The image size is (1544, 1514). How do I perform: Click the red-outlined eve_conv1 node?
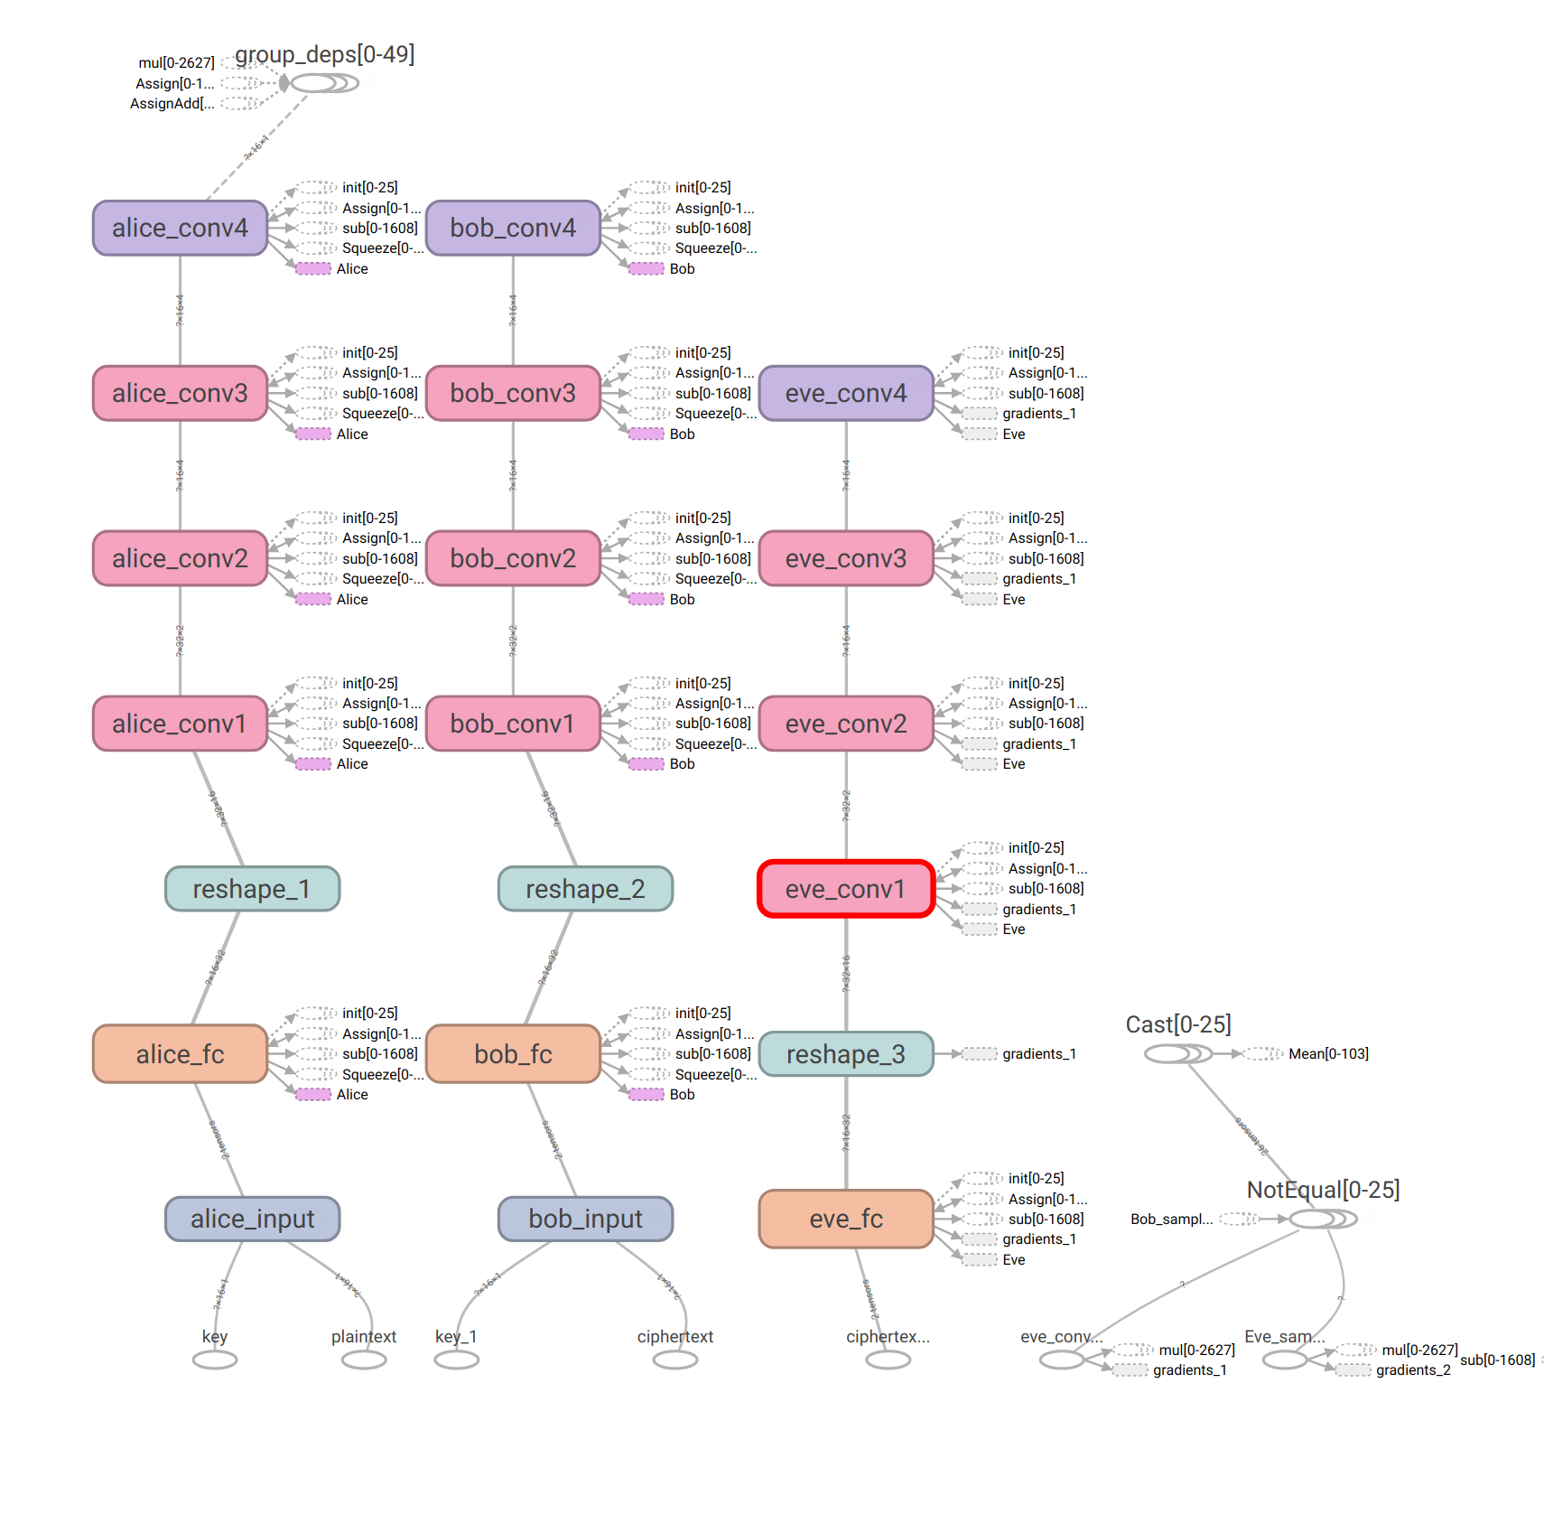click(x=845, y=889)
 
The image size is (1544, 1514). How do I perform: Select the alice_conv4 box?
click(x=180, y=228)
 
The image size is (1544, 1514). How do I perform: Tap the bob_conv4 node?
click(x=513, y=228)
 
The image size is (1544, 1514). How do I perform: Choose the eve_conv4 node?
click(x=846, y=393)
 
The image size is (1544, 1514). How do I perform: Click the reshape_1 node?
click(x=252, y=889)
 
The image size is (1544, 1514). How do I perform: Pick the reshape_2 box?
click(x=585, y=889)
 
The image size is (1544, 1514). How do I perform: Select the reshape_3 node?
click(x=846, y=1054)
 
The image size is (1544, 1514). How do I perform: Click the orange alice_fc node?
click(x=180, y=1054)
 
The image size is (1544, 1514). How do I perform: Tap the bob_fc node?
click(x=513, y=1054)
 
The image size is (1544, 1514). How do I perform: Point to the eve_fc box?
click(x=846, y=1219)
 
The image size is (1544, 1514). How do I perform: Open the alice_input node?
click(x=252, y=1219)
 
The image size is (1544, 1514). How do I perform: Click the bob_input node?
click(x=585, y=1219)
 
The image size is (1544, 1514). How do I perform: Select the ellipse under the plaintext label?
click(x=364, y=1360)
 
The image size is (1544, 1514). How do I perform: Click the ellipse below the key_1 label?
click(x=457, y=1360)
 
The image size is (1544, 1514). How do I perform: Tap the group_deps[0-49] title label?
click(x=325, y=54)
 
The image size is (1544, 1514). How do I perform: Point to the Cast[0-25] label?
click(x=1178, y=1024)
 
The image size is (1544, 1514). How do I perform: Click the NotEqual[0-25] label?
click(x=1323, y=1190)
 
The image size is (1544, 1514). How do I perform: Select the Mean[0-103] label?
click(x=1328, y=1054)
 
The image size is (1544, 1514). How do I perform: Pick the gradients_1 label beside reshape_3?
click(x=1038, y=1054)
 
